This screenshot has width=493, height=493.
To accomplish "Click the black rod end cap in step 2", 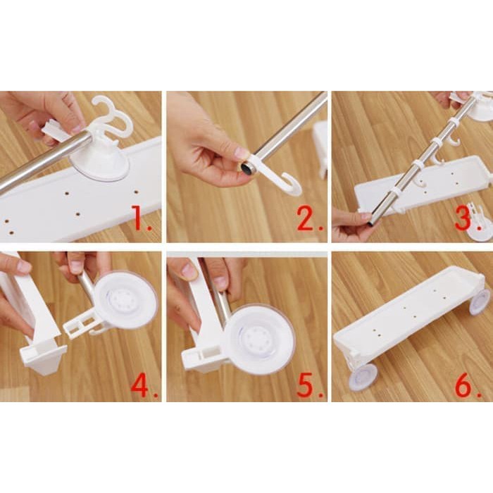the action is coord(246,168).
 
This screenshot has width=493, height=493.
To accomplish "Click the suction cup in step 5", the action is coord(260,340).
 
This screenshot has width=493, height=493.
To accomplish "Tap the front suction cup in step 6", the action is coord(363,379).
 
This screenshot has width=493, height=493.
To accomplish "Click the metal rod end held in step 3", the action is coord(374,216).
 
